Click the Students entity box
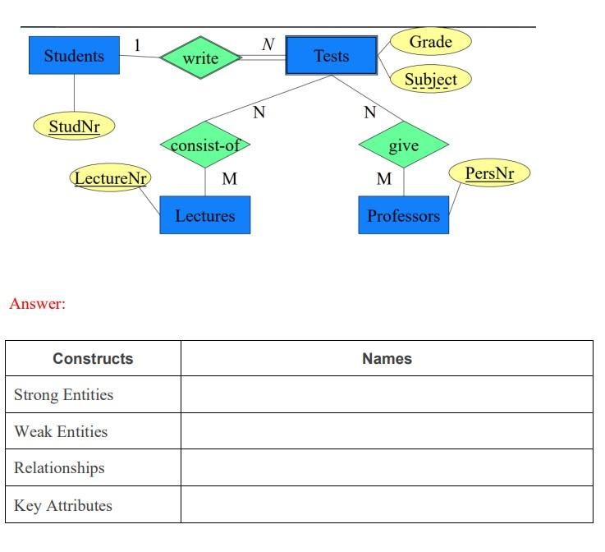tap(74, 56)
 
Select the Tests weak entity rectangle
tap(332, 56)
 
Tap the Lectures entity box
tap(204, 216)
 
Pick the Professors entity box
tap(403, 216)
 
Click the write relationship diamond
tap(200, 57)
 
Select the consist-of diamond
tap(205, 146)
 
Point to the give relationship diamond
tap(403, 145)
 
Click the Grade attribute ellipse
tap(430, 41)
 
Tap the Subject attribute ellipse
tap(430, 80)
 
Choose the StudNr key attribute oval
tap(74, 126)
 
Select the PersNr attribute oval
tap(489, 173)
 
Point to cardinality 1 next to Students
tap(137, 45)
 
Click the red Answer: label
tap(37, 304)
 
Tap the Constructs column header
tap(93, 358)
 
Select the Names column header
tap(387, 358)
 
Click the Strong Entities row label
tap(63, 395)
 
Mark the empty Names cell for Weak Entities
tap(387, 431)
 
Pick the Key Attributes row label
tap(62, 505)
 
